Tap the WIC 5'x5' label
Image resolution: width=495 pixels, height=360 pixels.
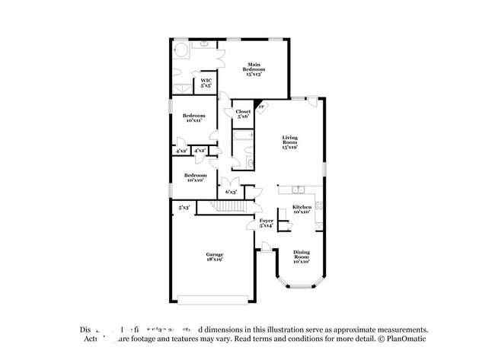click(x=206, y=84)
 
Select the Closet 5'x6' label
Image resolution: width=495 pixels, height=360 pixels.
click(x=243, y=114)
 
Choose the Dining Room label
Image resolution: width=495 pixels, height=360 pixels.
click(x=302, y=257)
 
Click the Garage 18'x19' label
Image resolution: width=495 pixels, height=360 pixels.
click(x=213, y=256)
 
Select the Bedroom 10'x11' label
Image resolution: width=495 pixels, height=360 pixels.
click(x=193, y=118)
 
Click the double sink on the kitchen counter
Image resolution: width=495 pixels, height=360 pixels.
click(x=297, y=189)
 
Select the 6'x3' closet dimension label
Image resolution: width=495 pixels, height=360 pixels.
click(x=229, y=192)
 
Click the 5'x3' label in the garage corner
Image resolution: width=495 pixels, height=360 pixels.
click(x=184, y=207)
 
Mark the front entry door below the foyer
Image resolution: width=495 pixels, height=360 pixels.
click(x=265, y=247)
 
